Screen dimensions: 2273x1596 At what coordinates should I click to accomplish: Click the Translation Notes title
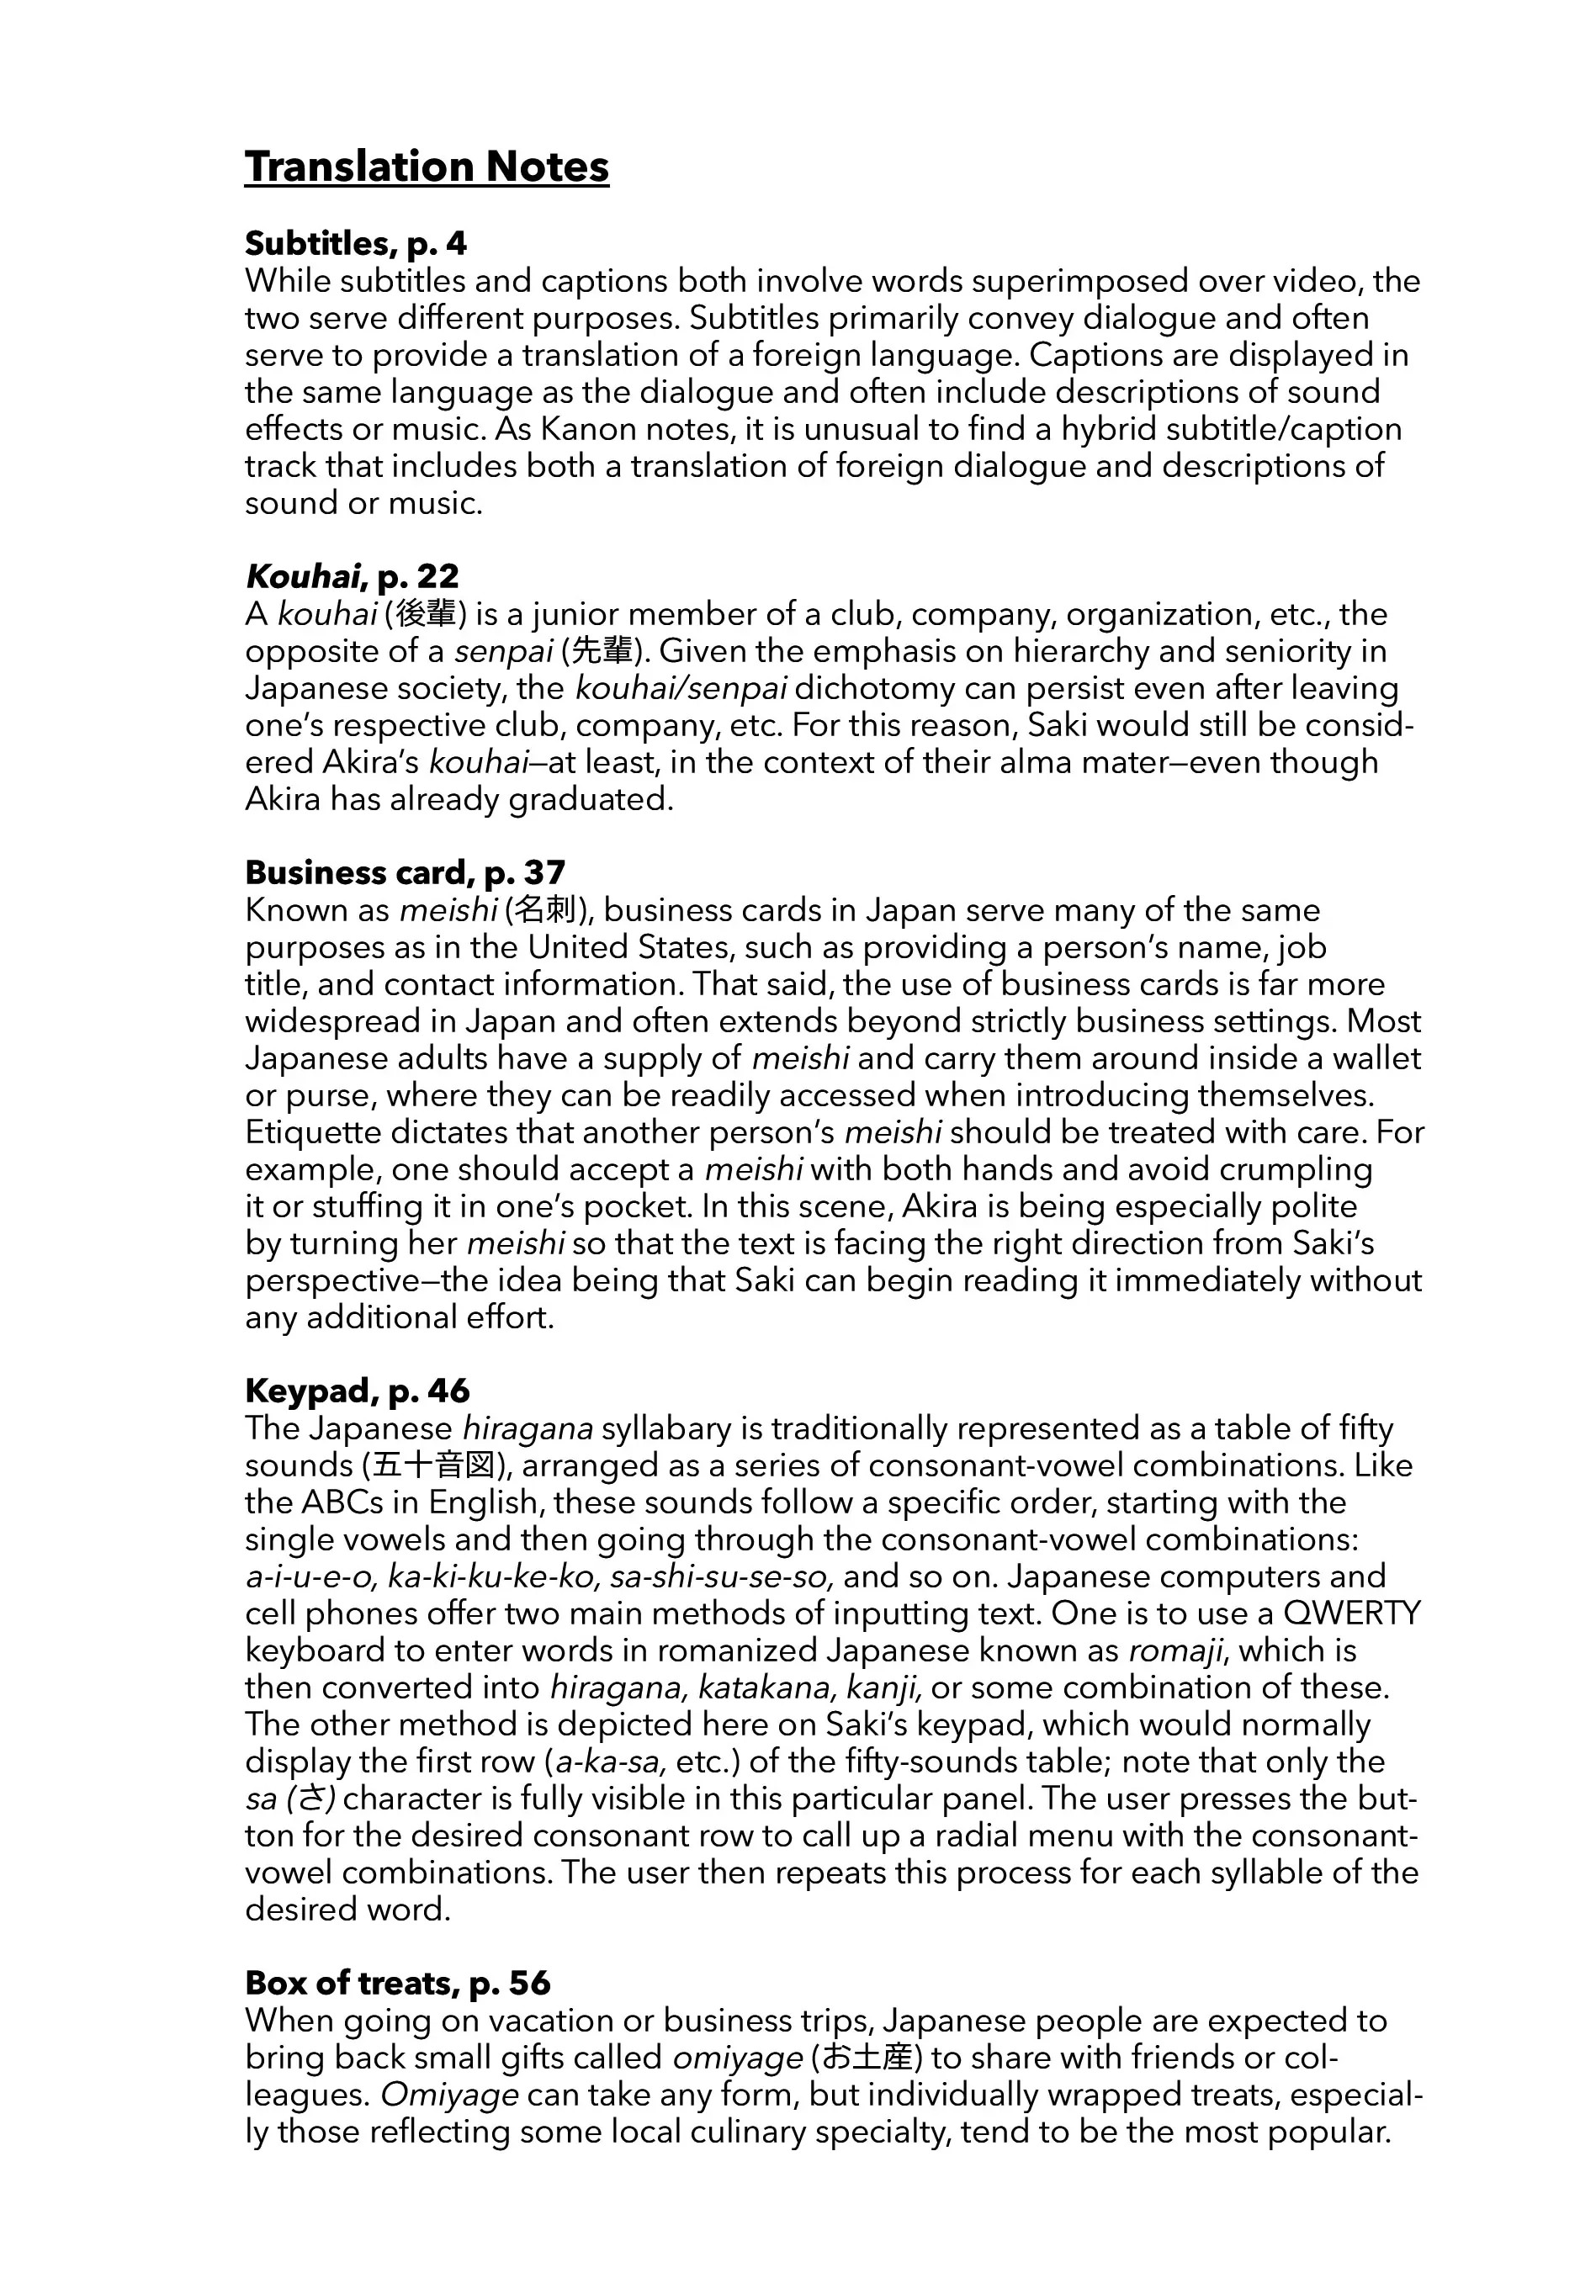[427, 167]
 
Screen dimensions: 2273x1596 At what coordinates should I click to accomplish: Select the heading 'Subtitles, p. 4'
[355, 244]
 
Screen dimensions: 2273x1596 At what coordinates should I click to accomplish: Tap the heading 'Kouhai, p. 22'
[352, 576]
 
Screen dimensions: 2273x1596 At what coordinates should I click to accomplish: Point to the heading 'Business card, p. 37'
[405, 872]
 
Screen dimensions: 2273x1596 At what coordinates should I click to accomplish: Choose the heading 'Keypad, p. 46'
[358, 1391]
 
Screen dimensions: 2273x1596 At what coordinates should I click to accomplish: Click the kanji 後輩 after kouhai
[425, 615]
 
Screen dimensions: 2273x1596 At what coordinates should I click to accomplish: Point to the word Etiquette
[315, 1132]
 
